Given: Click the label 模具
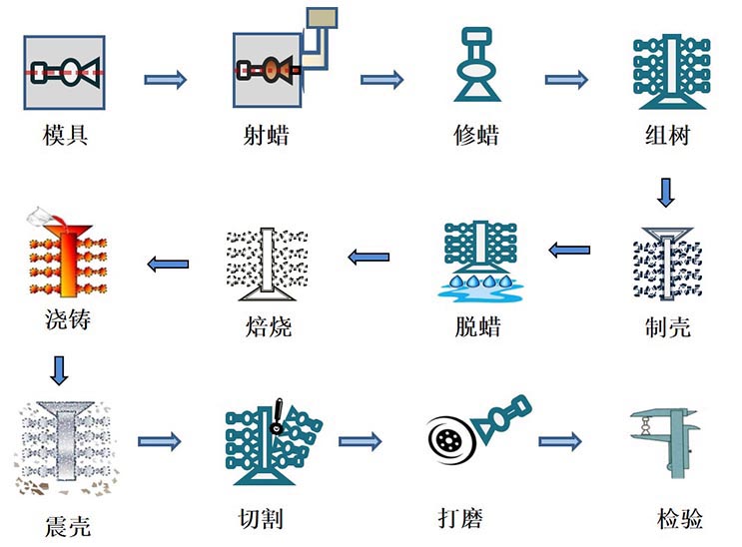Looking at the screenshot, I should click(66, 134).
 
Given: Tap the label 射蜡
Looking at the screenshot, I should click(266, 134).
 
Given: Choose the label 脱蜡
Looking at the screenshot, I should click(476, 327).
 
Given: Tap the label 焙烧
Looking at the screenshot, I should click(268, 327).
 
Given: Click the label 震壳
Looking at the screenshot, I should click(67, 525).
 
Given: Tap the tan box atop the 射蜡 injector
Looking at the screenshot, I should click(323, 19).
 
